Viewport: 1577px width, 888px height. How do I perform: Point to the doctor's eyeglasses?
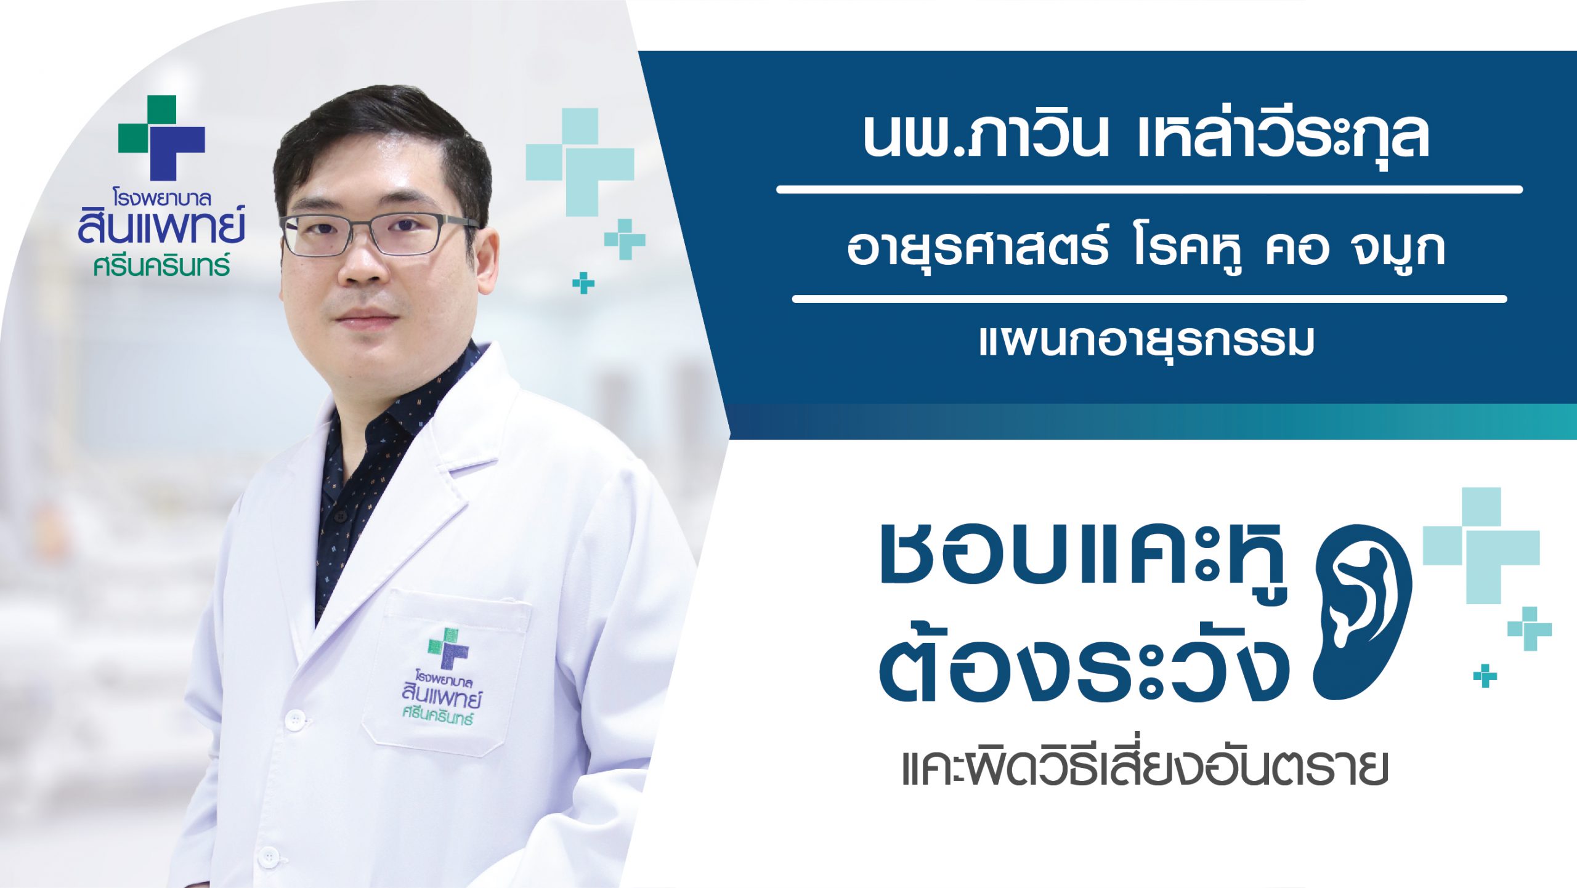coord(378,234)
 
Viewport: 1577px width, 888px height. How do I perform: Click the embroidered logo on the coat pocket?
coord(441,676)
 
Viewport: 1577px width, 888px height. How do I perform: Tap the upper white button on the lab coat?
coord(296,718)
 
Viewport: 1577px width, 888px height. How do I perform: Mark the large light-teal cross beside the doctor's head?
coord(580,162)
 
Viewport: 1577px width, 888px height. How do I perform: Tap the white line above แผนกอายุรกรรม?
coord(1149,299)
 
